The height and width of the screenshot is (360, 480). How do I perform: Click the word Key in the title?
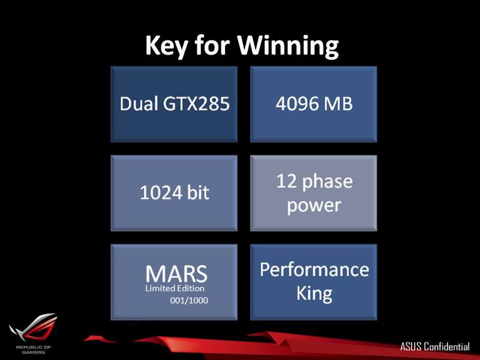[166, 46]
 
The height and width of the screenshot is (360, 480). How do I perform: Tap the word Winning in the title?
[289, 46]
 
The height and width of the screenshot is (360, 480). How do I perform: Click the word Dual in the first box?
[139, 103]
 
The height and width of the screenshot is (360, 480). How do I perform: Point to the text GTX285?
[196, 103]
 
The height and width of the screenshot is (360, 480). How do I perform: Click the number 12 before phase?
[287, 181]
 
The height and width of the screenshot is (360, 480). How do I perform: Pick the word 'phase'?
[328, 182]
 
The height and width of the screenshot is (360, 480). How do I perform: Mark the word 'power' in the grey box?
[314, 206]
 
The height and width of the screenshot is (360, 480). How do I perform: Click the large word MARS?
[176, 274]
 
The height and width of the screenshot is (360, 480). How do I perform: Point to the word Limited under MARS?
[157, 289]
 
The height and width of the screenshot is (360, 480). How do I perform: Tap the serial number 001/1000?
[189, 301]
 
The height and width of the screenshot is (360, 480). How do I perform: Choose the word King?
[314, 294]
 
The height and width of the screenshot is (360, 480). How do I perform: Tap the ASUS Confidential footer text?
[434, 347]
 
